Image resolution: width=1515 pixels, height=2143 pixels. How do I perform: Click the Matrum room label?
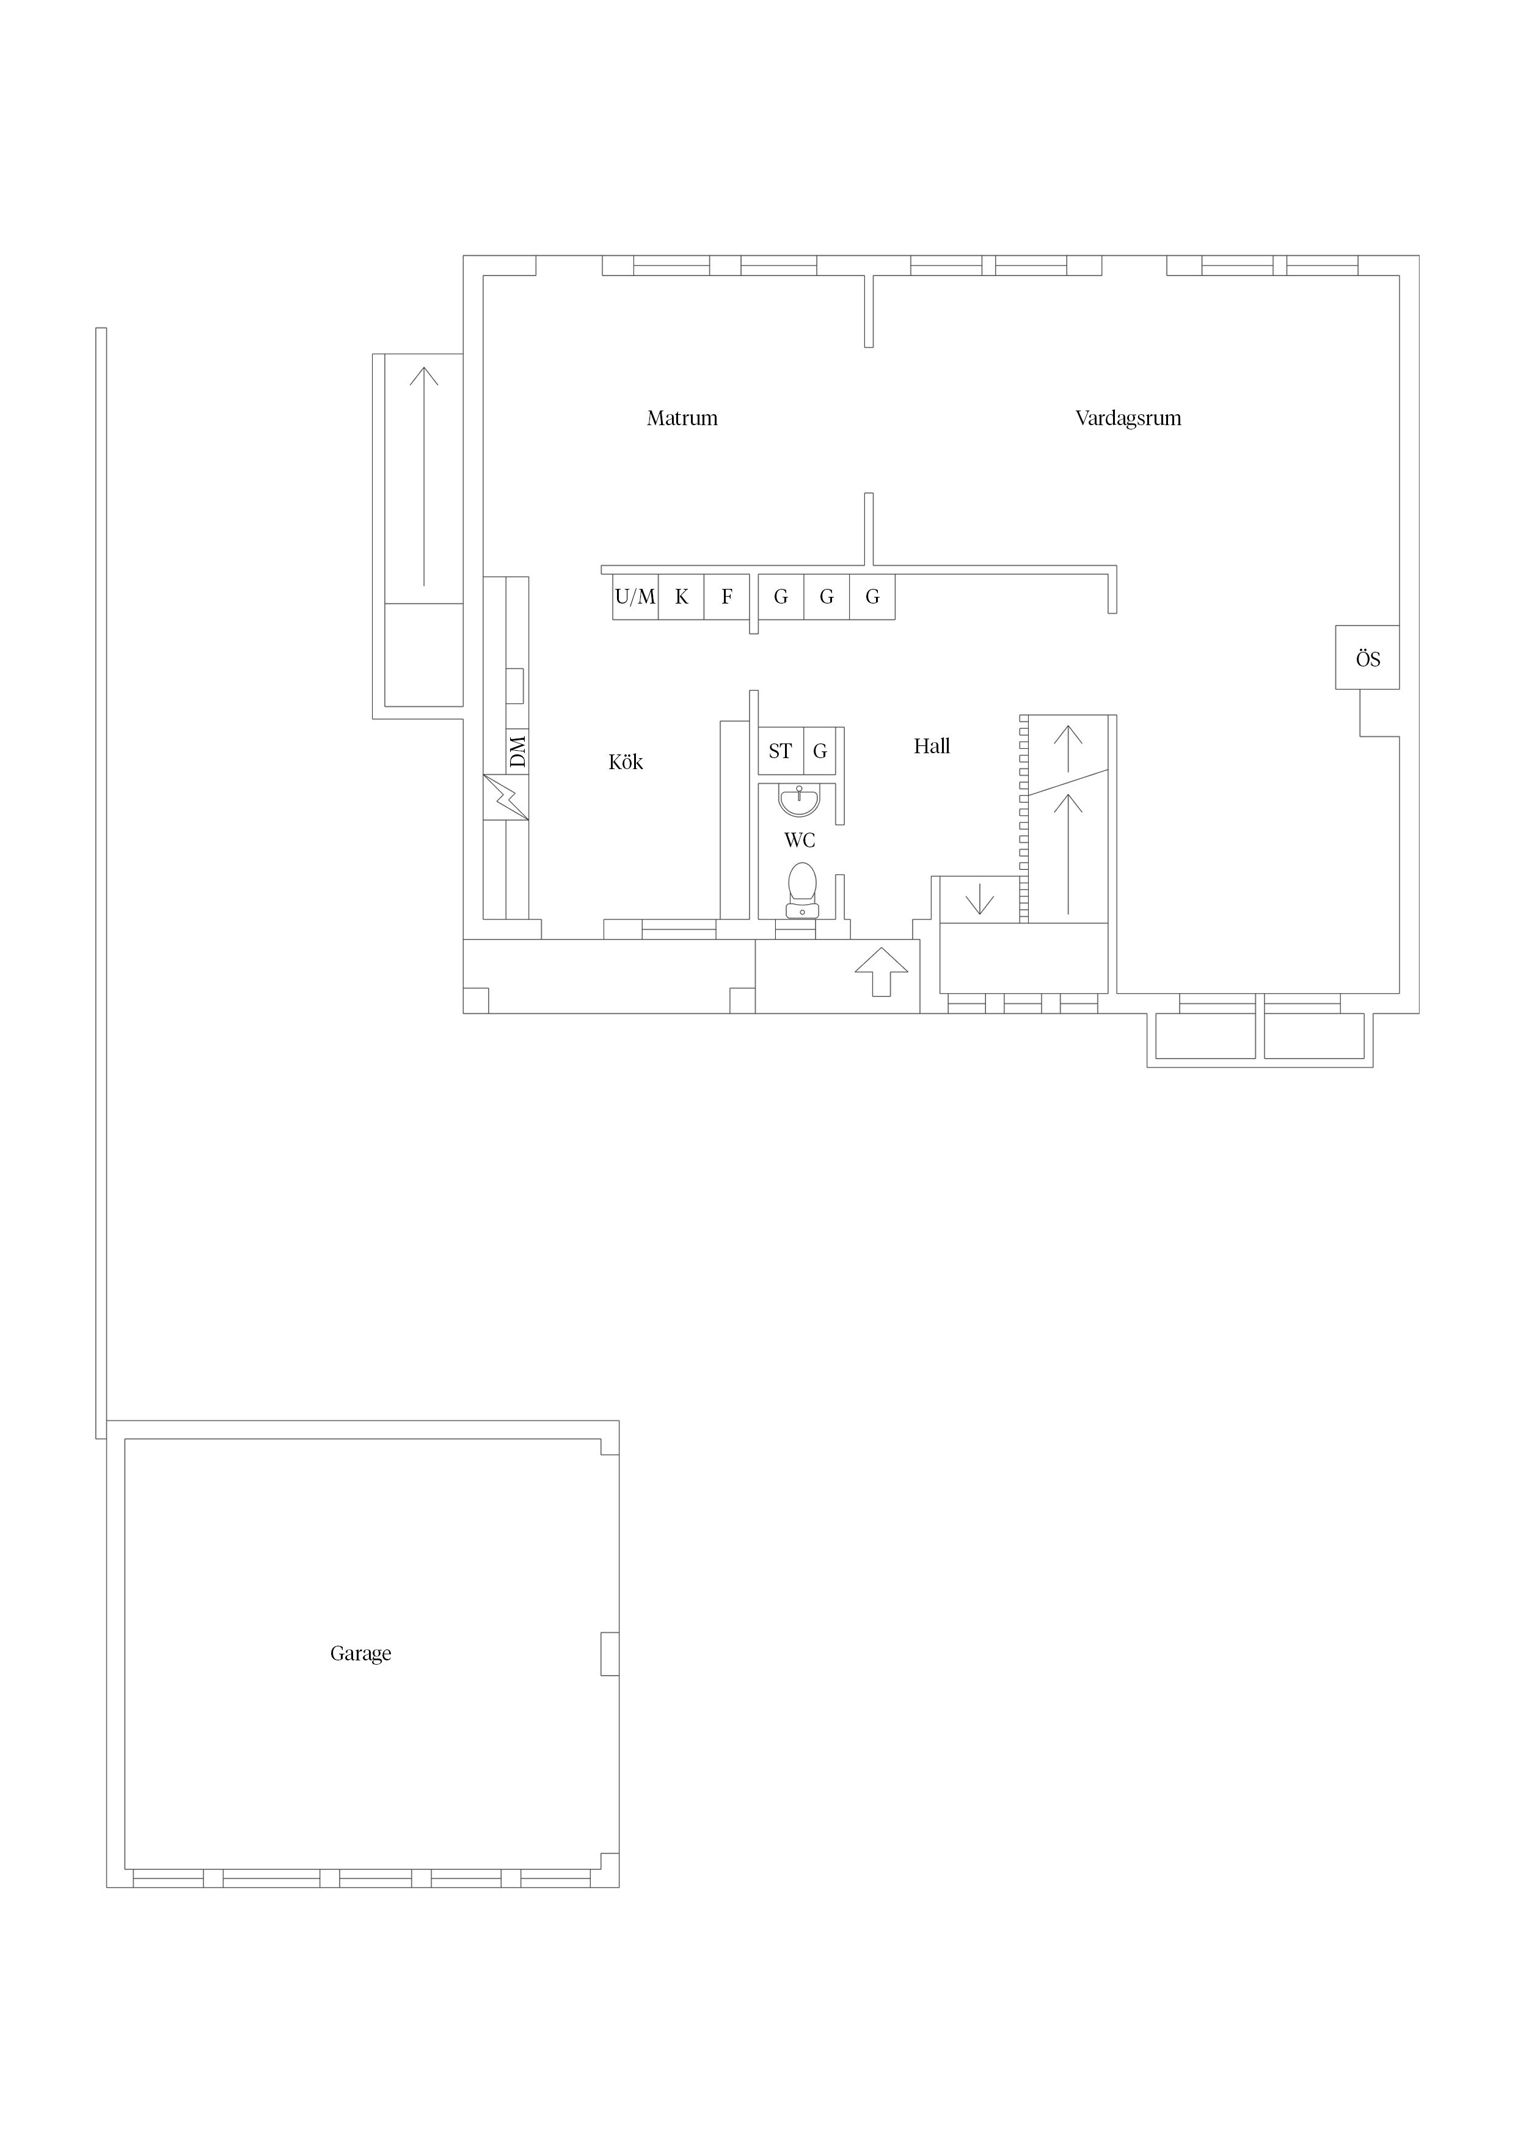pyautogui.click(x=682, y=418)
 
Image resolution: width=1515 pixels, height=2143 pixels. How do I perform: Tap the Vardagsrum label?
pyautogui.click(x=1128, y=418)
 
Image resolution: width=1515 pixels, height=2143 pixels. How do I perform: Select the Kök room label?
pyautogui.click(x=626, y=762)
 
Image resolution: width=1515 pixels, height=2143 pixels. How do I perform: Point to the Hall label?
pyautogui.click(x=932, y=746)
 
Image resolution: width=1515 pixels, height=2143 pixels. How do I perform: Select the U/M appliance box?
pyautogui.click(x=636, y=596)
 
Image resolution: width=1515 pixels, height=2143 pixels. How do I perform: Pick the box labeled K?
pyautogui.click(x=681, y=596)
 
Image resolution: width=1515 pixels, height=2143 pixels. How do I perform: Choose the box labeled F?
pyautogui.click(x=727, y=596)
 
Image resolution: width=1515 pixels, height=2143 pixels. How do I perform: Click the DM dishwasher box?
pyautogui.click(x=517, y=751)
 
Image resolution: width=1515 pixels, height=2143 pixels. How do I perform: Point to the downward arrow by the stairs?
pyautogui.click(x=979, y=899)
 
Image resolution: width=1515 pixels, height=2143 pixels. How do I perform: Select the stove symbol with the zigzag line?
pyautogui.click(x=506, y=798)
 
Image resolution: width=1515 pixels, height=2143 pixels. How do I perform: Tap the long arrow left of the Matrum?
pyautogui.click(x=424, y=476)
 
